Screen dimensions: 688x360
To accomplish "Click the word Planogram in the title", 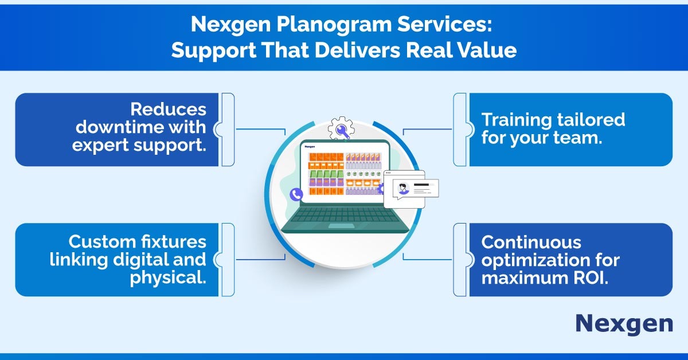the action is coord(334,24).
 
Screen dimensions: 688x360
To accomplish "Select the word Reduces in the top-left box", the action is coord(169,109).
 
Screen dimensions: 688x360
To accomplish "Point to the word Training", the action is coord(517,120).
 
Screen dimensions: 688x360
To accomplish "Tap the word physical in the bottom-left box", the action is coord(167,278).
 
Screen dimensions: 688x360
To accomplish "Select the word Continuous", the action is coord(531,242).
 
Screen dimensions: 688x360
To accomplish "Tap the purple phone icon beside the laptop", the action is coord(296,194).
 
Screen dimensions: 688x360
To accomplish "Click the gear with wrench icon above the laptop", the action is coord(341,128).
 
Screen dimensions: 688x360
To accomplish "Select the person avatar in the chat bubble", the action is coord(403,188).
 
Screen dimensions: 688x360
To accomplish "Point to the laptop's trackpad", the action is coord(341,226).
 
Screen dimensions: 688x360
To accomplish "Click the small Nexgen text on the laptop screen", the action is coord(310,147).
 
